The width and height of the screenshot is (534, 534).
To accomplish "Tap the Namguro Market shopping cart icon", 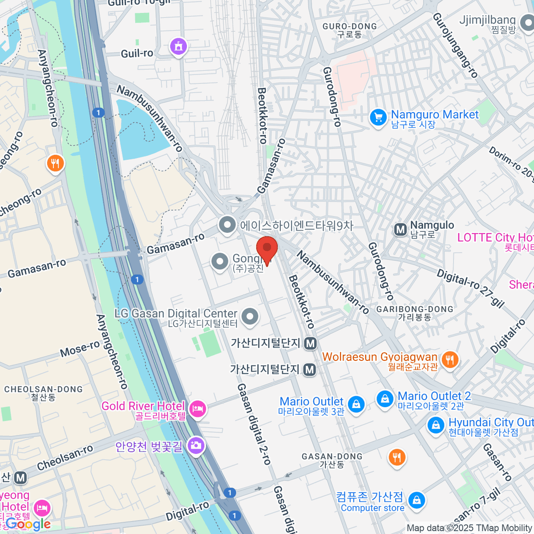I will [x=378, y=118].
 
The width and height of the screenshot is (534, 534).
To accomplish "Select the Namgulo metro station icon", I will [x=400, y=230].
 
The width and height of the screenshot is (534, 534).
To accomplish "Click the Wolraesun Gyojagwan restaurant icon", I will [x=450, y=359].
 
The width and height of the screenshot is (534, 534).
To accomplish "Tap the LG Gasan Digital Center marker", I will [x=250, y=317].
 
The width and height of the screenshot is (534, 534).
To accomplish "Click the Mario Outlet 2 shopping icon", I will [x=384, y=398].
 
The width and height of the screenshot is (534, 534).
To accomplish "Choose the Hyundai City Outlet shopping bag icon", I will [x=436, y=425].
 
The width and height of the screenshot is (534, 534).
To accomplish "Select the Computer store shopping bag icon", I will [x=417, y=500].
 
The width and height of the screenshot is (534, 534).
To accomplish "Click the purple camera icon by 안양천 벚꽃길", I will [x=196, y=445].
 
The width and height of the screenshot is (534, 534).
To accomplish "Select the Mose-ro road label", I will [x=80, y=349].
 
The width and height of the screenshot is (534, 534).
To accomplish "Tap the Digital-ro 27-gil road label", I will [x=471, y=288].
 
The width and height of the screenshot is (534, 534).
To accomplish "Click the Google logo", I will [x=28, y=524].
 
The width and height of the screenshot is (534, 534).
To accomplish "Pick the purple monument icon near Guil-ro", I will [x=178, y=46].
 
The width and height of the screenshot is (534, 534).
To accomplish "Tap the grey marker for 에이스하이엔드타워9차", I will [x=227, y=225].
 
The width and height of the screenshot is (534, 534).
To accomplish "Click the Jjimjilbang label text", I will [x=487, y=20].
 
